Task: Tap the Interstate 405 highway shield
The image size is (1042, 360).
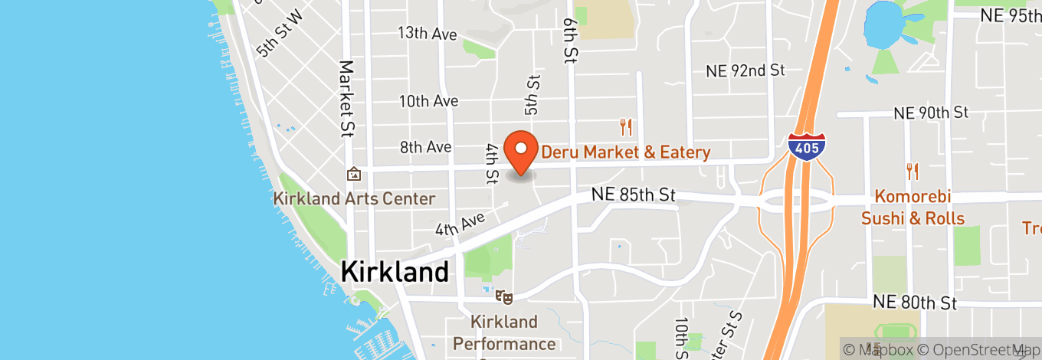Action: pos(807,146)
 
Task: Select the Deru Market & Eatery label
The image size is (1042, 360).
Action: pos(626,152)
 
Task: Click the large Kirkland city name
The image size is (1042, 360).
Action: pos(395,272)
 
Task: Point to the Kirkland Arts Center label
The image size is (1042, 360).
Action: pos(355,199)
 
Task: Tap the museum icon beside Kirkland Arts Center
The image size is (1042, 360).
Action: pos(353,174)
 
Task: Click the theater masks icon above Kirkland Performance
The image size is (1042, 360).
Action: pos(503,295)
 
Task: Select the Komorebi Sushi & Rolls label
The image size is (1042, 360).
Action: pos(913,208)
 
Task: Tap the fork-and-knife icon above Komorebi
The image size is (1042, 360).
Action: pos(912,171)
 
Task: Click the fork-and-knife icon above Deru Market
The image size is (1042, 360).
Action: pos(627,127)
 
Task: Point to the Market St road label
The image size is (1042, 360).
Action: pos(347,98)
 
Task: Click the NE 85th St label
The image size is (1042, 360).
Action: pos(634,195)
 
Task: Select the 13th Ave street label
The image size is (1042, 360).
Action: pos(428,34)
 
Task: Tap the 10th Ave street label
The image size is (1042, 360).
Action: pos(428,101)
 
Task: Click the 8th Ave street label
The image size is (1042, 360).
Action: pos(425,147)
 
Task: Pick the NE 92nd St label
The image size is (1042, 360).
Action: pos(745,70)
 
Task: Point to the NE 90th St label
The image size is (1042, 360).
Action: pos(931,113)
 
